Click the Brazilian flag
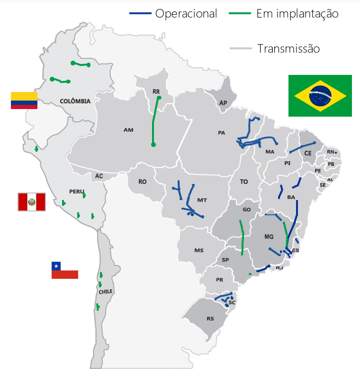pyautogui.click(x=320, y=95)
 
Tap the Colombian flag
pyautogui.click(x=24, y=101)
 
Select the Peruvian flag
pyautogui.click(x=32, y=202)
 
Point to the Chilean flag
pyautogui.click(x=64, y=270)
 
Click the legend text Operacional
pyautogui.click(x=186, y=14)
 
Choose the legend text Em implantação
pyautogui.click(x=297, y=14)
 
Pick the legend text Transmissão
pyautogui.click(x=288, y=48)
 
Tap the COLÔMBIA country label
pyautogui.click(x=75, y=101)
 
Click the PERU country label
pyautogui.click(x=76, y=191)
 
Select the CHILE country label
pyautogui.click(x=106, y=292)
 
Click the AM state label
pyautogui.click(x=128, y=129)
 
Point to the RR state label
pyautogui.click(x=156, y=91)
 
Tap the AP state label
pyautogui.click(x=223, y=103)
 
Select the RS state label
pyautogui.click(x=210, y=319)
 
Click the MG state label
pyautogui.click(x=269, y=236)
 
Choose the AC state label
pyautogui.click(x=99, y=176)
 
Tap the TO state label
pyautogui.click(x=244, y=182)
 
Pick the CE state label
pyautogui.click(x=308, y=153)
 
